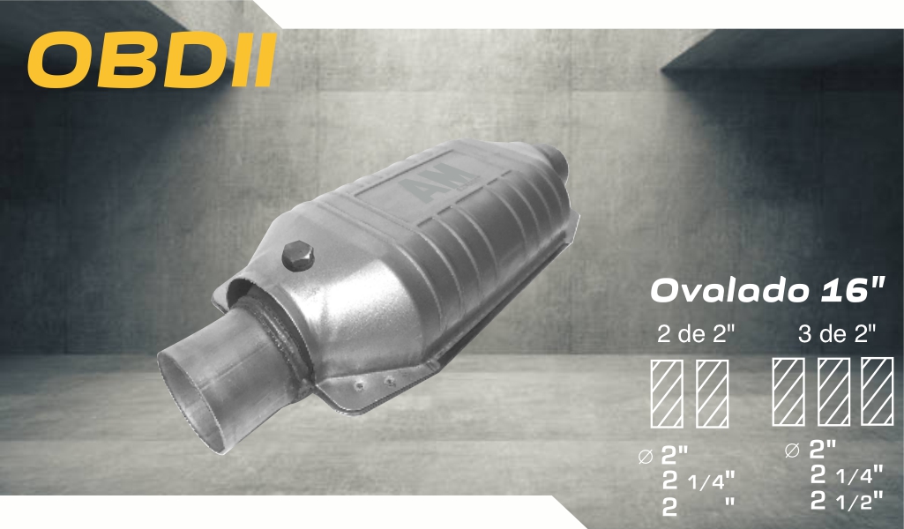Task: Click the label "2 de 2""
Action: click(697, 333)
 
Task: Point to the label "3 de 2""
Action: click(837, 333)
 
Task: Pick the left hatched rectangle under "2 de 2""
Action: click(667, 393)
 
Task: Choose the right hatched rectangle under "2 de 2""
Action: click(712, 393)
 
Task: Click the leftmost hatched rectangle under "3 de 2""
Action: click(788, 391)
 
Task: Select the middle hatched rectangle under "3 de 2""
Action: click(833, 391)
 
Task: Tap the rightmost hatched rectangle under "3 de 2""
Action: click(878, 391)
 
